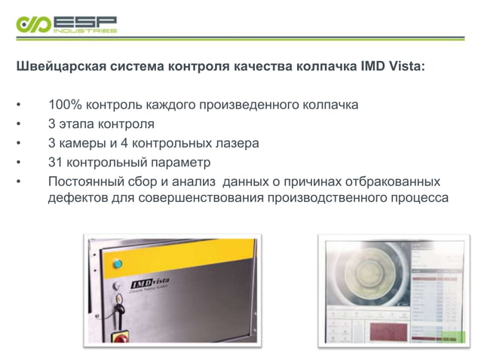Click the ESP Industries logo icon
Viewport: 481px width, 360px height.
(33, 24)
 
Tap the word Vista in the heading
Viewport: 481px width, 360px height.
(407, 66)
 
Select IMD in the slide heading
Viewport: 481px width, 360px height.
(374, 66)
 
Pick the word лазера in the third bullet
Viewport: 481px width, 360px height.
(234, 143)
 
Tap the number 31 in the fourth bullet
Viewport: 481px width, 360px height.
(55, 163)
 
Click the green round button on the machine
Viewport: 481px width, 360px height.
(117, 263)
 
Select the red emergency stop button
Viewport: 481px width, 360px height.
(121, 338)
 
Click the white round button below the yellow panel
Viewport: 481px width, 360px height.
(115, 287)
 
